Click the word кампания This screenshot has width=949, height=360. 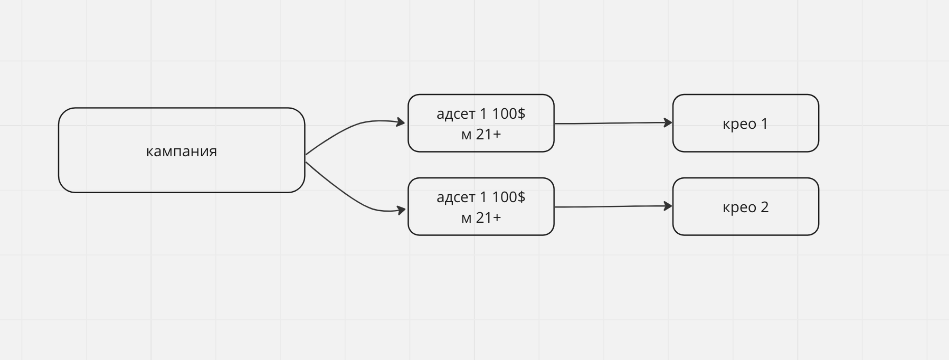point(182,151)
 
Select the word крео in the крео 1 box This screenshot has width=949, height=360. point(739,125)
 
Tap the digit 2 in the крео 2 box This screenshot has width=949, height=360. point(764,207)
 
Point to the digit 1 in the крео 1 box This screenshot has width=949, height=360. point(764,124)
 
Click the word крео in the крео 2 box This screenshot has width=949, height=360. point(739,208)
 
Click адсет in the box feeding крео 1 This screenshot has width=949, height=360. point(456,114)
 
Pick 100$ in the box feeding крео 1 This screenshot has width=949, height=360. point(509,113)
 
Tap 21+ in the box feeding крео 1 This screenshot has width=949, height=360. point(488,134)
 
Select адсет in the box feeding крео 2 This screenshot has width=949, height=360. point(456,197)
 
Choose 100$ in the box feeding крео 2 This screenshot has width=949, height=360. point(509,197)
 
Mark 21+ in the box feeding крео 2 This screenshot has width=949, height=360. point(488,217)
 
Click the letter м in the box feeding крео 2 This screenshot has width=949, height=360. point(466,219)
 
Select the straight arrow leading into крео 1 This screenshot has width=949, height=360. point(614,123)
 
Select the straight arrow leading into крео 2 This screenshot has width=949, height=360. point(614,206)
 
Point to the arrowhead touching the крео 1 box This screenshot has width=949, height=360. point(668,122)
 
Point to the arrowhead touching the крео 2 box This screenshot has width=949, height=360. point(668,206)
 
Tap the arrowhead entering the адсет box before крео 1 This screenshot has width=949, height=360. point(401,122)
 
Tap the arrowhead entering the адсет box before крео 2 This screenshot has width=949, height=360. point(401,210)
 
